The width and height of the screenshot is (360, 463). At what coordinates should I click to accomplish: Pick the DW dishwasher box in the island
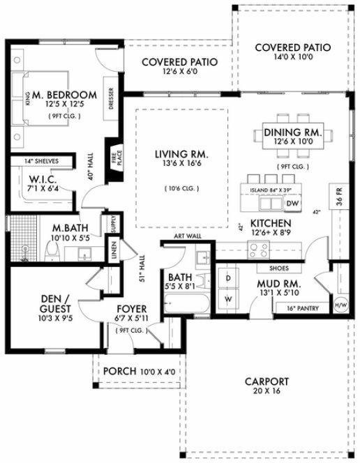pyautogui.click(x=292, y=203)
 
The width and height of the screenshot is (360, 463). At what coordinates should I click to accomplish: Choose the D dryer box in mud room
pyautogui.click(x=227, y=276)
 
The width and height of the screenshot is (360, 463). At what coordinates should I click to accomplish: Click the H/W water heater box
pyautogui.click(x=340, y=303)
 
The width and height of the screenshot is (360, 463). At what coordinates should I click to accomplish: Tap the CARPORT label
pyautogui.click(x=267, y=381)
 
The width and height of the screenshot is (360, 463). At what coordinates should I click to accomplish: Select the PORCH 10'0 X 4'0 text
pyautogui.click(x=139, y=370)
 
